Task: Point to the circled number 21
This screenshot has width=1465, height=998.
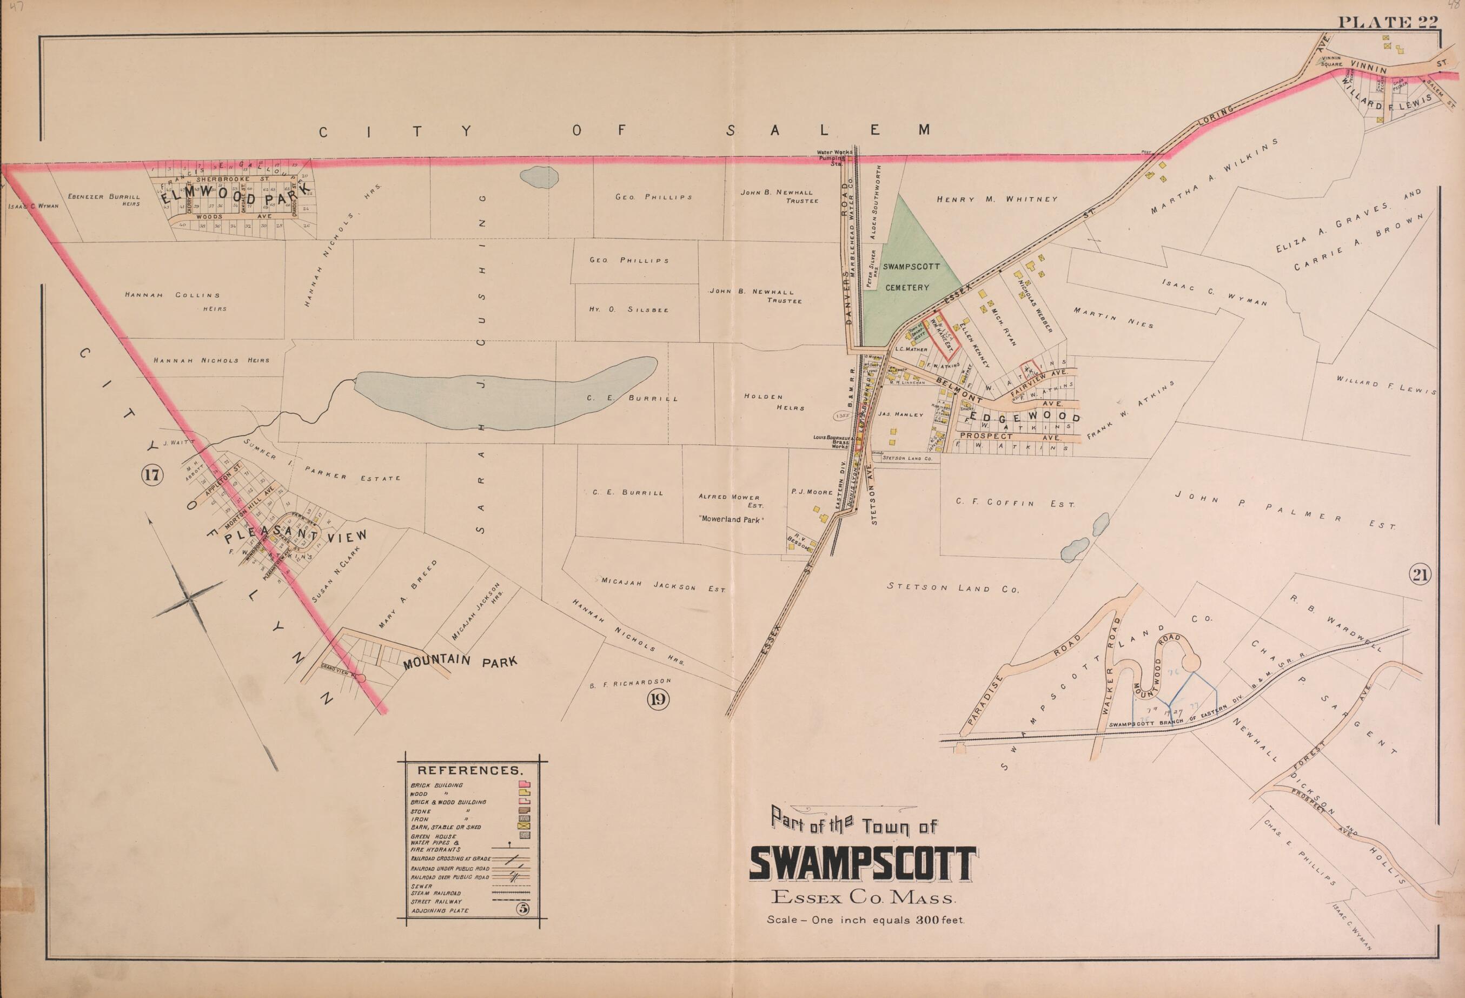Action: click(1422, 574)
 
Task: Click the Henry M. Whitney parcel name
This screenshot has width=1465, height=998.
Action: click(997, 199)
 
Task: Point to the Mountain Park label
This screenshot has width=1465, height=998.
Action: click(460, 662)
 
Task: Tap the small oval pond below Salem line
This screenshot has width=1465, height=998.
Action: click(540, 176)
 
